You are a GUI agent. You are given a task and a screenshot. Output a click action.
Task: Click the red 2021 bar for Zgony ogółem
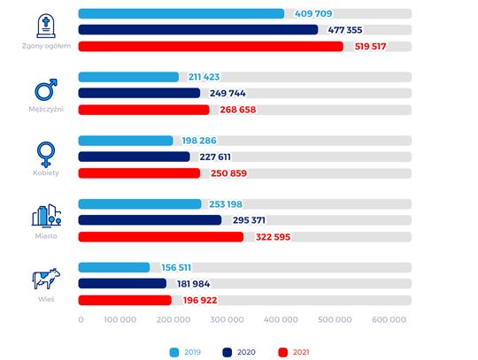tap(211, 46)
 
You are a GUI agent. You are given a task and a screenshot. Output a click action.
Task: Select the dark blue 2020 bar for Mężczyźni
tap(139, 93)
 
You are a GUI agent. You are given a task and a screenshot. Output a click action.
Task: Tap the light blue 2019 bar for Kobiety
tap(126, 141)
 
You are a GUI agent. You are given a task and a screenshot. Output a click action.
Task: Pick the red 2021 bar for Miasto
tap(161, 237)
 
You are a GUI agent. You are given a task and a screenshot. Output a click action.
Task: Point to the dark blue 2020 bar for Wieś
tap(122, 283)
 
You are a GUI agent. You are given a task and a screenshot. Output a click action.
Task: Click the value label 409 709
tap(313, 13)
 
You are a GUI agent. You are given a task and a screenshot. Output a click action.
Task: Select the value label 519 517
tap(370, 46)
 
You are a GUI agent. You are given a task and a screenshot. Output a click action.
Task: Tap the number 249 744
tap(227, 93)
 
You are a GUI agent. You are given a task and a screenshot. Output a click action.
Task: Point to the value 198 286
tap(199, 141)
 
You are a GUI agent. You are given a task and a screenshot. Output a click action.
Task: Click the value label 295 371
tap(249, 220)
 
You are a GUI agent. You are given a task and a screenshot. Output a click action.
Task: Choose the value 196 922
tap(200, 301)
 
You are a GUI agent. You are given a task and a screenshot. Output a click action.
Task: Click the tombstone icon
tap(46, 26)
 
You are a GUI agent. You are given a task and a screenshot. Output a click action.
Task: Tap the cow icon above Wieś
tap(46, 279)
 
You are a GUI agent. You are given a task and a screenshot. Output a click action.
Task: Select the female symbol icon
tap(46, 155)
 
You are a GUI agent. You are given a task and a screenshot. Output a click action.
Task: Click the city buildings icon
tap(46, 216)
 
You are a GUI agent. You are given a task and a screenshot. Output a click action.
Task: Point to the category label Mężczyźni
tap(46, 109)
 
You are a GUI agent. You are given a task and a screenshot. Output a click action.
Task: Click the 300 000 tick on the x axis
tap(227, 319)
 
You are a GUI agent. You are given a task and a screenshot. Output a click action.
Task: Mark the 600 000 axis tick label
tap(389, 319)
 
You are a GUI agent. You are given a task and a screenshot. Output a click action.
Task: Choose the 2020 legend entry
tap(239, 352)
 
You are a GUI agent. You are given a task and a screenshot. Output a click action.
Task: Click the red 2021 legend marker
tap(283, 352)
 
